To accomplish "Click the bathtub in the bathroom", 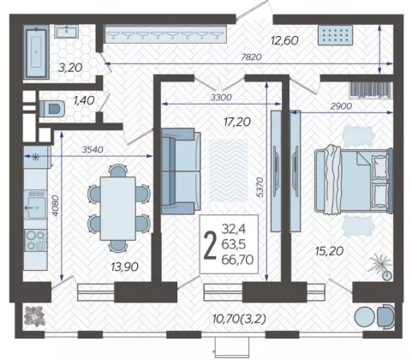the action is pyautogui.click(x=36, y=52).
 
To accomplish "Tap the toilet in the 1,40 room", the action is pyautogui.click(x=52, y=109).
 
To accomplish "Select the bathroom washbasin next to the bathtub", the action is pyautogui.click(x=67, y=32).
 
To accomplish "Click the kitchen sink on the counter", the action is pyautogui.click(x=35, y=204).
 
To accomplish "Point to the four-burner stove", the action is pyautogui.click(x=35, y=240).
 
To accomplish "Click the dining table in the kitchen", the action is pyautogui.click(x=117, y=208).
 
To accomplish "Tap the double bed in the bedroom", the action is pyautogui.click(x=354, y=181).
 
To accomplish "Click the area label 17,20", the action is pyautogui.click(x=237, y=123).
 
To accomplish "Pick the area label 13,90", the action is pyautogui.click(x=125, y=267).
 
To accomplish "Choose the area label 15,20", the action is pyautogui.click(x=329, y=251).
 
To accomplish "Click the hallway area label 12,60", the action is pyautogui.click(x=284, y=40).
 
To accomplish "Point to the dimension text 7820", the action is pyautogui.click(x=251, y=57).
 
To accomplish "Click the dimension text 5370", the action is pyautogui.click(x=260, y=187).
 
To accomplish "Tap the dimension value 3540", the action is pyautogui.click(x=93, y=149).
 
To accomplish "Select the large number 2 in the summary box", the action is pyautogui.click(x=210, y=245).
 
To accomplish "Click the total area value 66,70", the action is pyautogui.click(x=237, y=260).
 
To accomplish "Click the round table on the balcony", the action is pyautogui.click(x=365, y=316).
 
